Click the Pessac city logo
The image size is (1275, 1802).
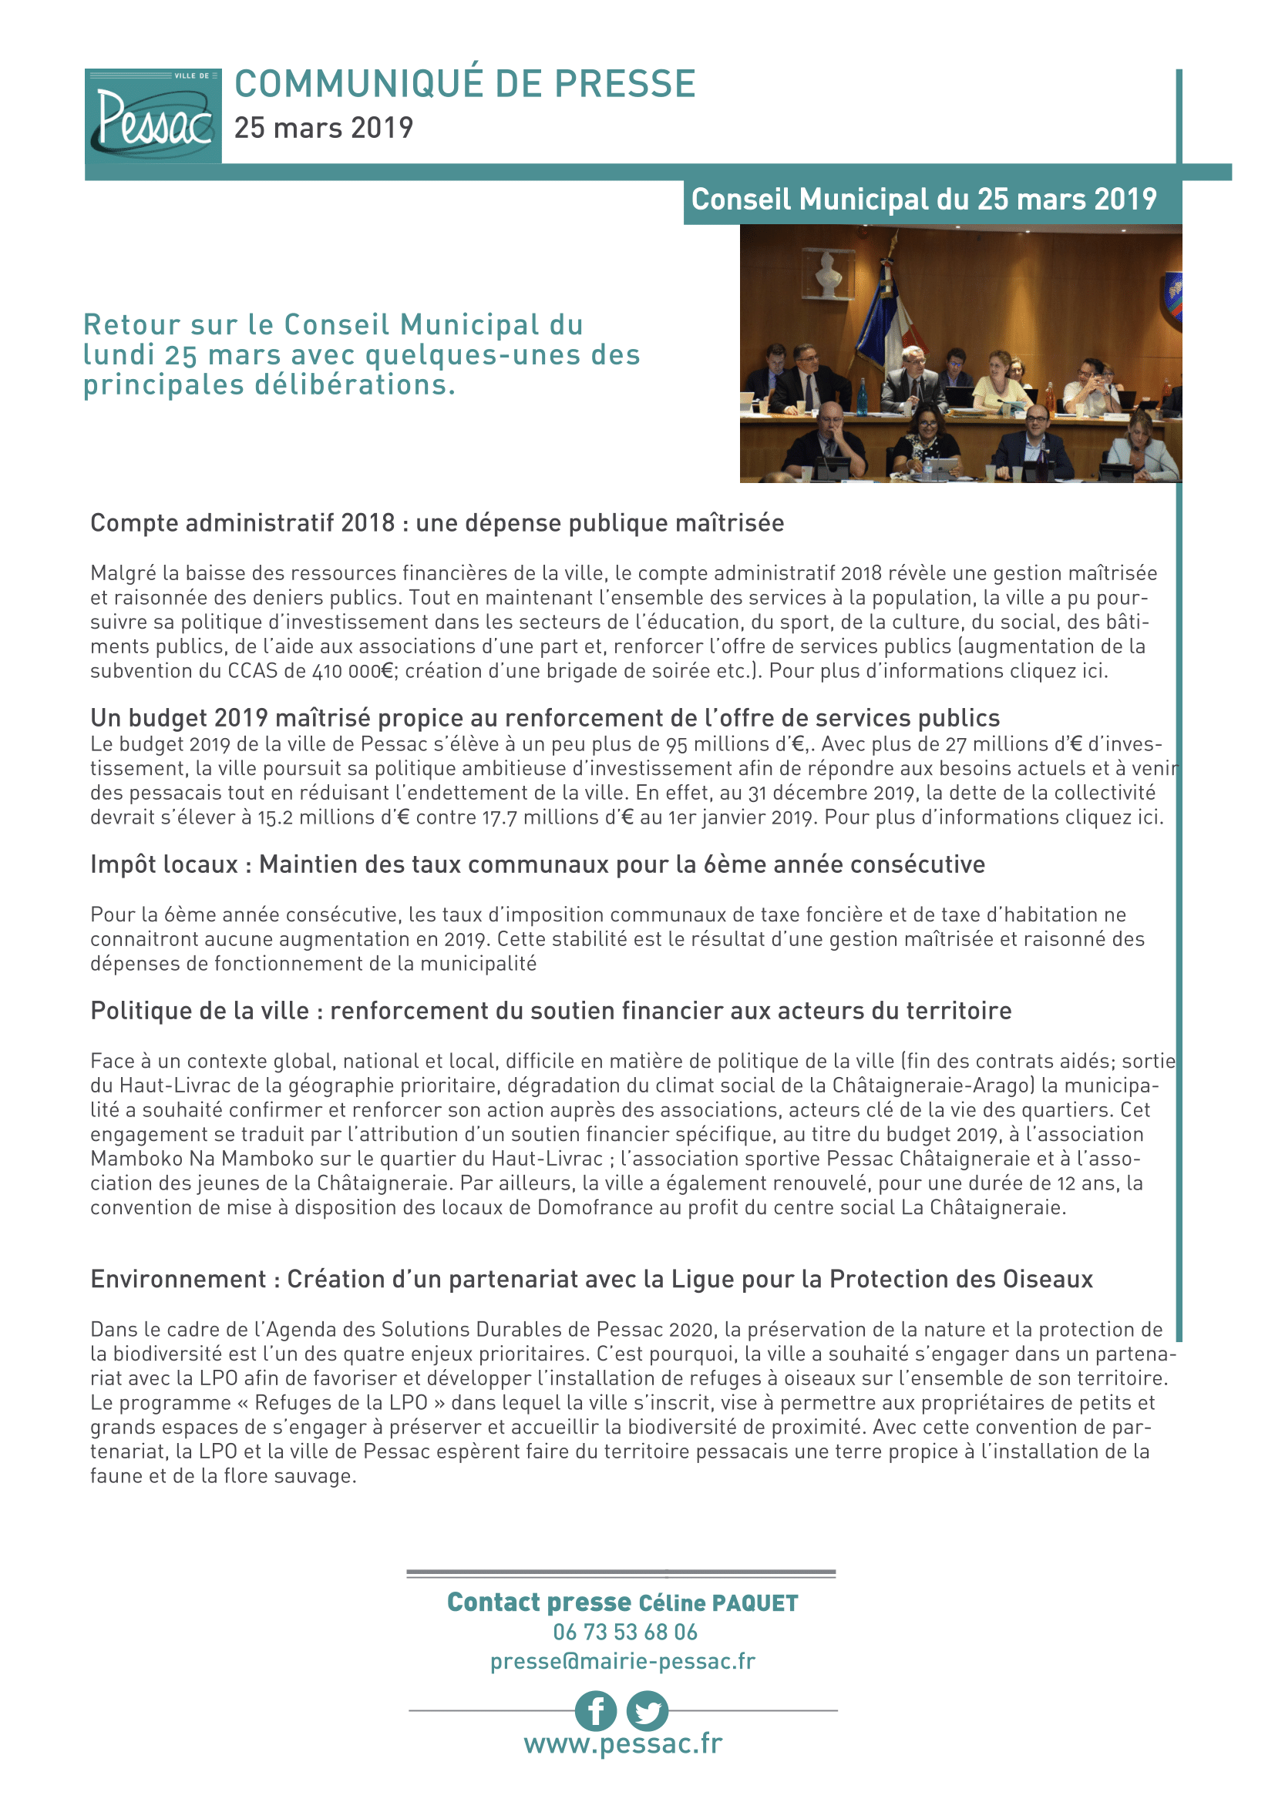click(153, 116)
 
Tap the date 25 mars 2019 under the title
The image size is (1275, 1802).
click(324, 128)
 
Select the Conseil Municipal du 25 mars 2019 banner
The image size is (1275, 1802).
click(923, 200)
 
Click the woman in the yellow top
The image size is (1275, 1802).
click(998, 380)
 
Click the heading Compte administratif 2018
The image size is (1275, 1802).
click(243, 522)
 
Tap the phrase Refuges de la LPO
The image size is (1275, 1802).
click(341, 1402)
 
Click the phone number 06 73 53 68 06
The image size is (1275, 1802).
click(625, 1633)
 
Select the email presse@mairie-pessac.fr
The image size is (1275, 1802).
click(623, 1661)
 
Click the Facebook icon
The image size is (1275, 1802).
click(596, 1711)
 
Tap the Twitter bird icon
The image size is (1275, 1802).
click(648, 1711)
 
